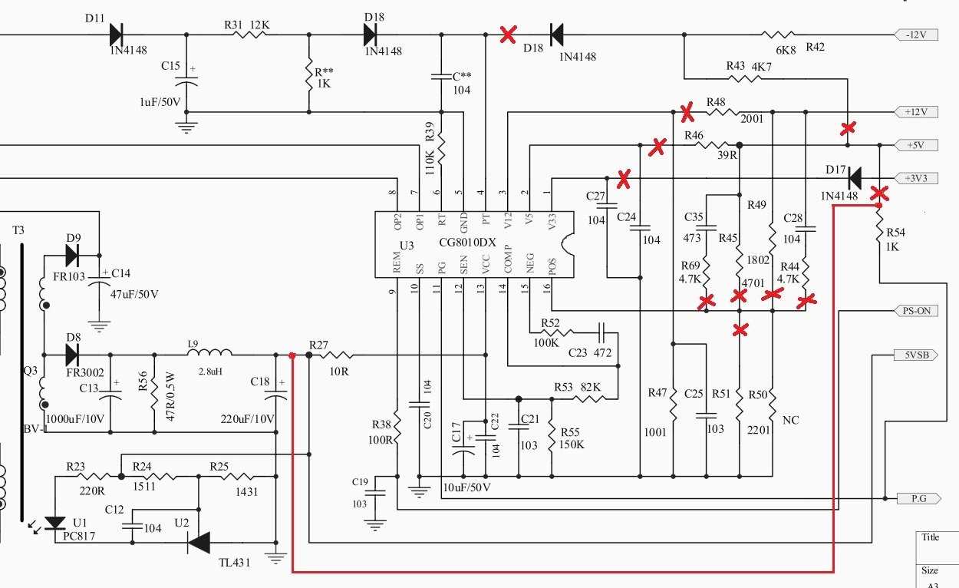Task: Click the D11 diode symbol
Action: point(117,35)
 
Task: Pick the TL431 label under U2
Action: point(234,562)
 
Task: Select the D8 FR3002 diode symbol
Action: point(73,355)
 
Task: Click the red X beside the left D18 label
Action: point(507,34)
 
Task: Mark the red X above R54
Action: point(879,193)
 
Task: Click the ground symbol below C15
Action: point(186,126)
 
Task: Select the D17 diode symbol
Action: point(853,178)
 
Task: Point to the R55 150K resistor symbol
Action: point(552,436)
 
